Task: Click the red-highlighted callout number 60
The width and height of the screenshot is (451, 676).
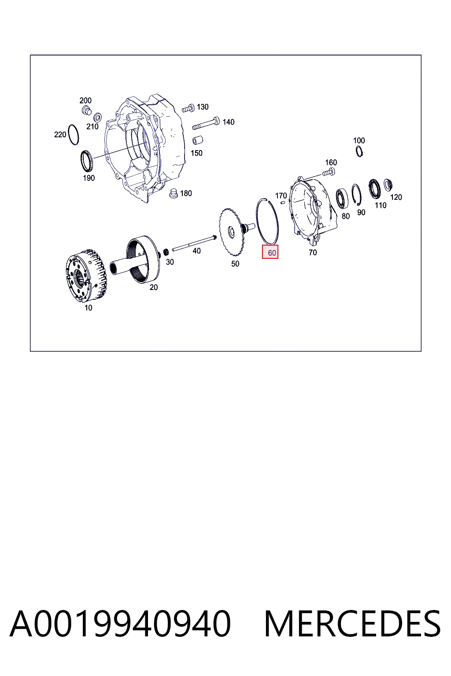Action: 272,253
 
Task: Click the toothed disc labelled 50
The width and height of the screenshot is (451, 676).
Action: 230,232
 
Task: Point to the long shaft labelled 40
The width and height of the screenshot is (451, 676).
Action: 194,243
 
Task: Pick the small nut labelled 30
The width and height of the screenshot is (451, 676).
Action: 166,252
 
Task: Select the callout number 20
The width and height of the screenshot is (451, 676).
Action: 153,287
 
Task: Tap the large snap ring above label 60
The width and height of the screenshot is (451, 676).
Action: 257,220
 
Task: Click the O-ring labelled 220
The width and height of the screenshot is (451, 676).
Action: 69,134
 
